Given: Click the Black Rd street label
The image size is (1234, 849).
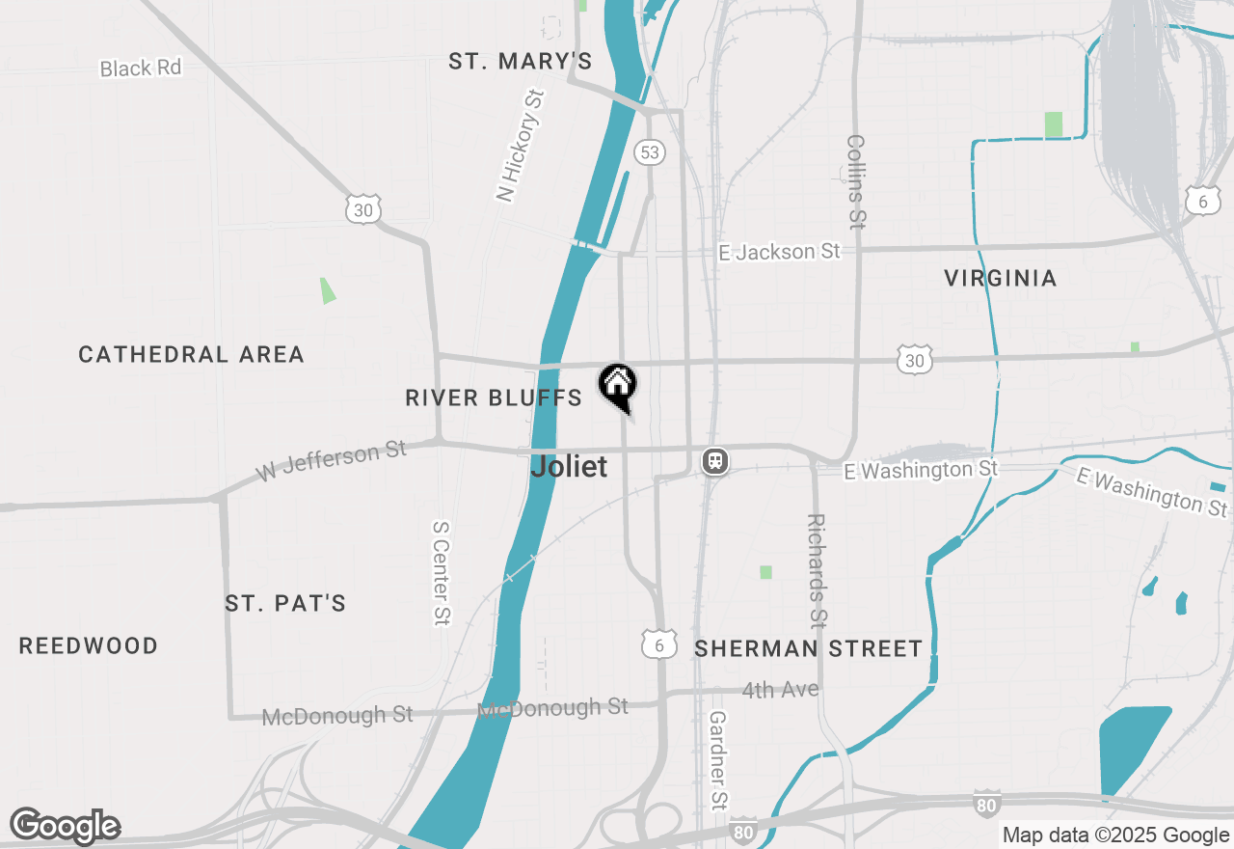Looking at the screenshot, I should [x=141, y=68].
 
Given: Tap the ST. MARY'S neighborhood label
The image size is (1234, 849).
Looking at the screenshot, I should [x=520, y=62].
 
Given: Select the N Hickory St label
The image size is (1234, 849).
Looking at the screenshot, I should [x=521, y=146].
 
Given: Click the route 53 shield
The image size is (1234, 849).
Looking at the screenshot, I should [x=650, y=152].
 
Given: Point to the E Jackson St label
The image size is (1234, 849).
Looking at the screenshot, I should [x=780, y=252].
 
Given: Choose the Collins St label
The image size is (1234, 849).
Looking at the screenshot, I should [x=855, y=181].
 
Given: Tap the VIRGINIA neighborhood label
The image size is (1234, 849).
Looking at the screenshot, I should [x=1001, y=279].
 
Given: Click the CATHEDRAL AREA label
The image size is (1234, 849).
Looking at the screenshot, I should [x=192, y=355].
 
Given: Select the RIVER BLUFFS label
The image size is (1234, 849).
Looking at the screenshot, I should [x=494, y=397].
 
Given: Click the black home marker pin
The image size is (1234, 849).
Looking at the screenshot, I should [x=617, y=385].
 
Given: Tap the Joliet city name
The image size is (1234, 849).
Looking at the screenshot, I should [x=570, y=467].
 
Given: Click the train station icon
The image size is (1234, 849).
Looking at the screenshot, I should [x=714, y=461].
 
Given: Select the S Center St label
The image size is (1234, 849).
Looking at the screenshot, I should [x=442, y=573].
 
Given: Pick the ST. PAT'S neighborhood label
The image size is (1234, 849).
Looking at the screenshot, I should [x=285, y=604].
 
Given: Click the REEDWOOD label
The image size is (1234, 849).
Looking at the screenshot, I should [x=89, y=645].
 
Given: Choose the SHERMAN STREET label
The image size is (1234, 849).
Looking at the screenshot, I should [x=809, y=648].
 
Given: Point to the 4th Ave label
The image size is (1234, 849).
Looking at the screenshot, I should [x=781, y=690].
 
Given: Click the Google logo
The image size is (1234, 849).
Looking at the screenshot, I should [x=66, y=826].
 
